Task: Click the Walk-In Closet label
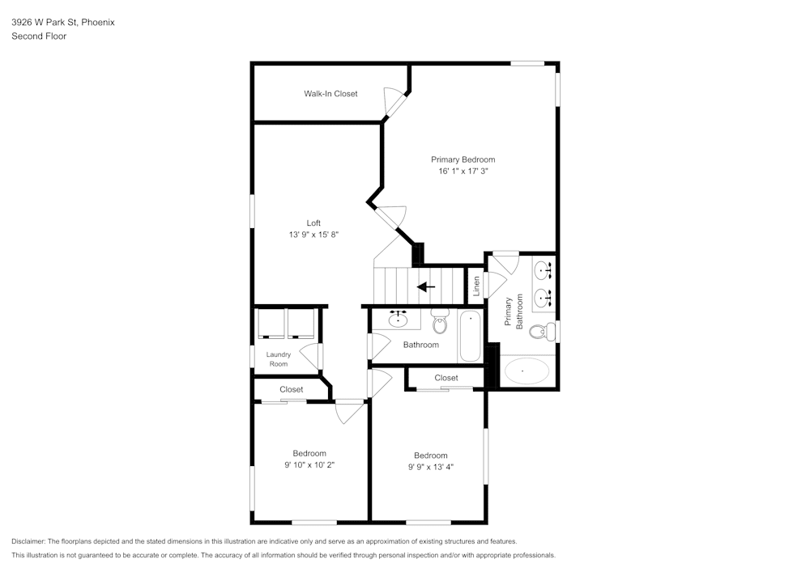tap(330, 94)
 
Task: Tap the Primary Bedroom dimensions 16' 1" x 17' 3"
tap(463, 172)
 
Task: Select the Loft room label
tap(313, 223)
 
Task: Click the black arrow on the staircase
tap(425, 286)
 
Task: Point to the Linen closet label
tap(476, 285)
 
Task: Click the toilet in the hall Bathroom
tap(440, 323)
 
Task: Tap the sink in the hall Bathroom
tap(398, 320)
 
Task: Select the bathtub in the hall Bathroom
tap(471, 337)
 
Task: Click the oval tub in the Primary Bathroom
tap(526, 372)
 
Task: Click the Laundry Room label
tap(278, 359)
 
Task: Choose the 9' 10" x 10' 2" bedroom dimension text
tap(309, 465)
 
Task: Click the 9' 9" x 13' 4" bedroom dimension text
tap(430, 467)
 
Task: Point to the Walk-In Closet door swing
tap(395, 104)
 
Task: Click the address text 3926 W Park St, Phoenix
tap(62, 23)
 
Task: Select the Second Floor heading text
tap(39, 36)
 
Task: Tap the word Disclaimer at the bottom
tap(29, 541)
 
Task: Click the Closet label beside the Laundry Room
tap(292, 390)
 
